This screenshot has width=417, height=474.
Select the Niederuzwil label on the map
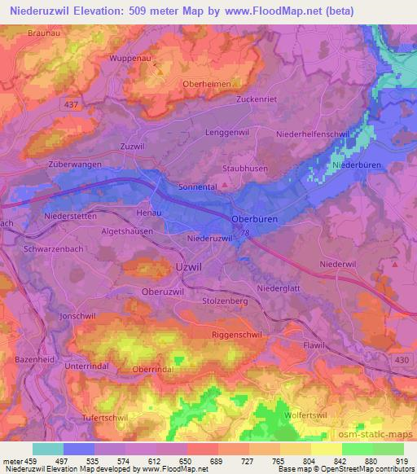pyautogui.click(x=210, y=239)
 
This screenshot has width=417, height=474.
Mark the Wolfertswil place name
pyautogui.click(x=308, y=415)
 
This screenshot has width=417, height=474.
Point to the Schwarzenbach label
pyautogui.click(x=55, y=249)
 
